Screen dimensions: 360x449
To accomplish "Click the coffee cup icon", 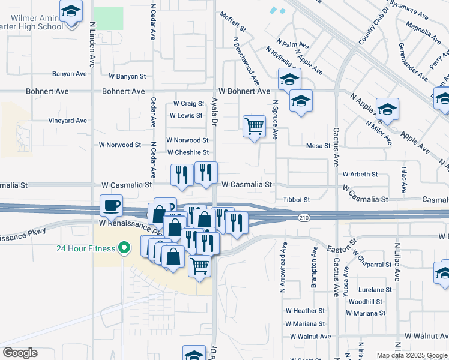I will tap(111, 206).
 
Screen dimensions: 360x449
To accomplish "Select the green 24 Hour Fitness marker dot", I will tap(125, 248).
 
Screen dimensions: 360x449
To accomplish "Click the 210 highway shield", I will tap(303, 217).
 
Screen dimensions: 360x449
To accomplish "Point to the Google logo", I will tap(20, 353).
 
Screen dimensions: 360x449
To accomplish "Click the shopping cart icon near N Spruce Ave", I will tap(254, 126).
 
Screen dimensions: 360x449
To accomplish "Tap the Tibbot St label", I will tap(296, 199).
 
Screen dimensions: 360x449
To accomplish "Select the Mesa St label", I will tap(318, 146).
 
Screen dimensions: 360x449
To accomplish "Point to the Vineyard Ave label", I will tap(67, 121).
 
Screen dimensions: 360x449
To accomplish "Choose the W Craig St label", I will tap(189, 104).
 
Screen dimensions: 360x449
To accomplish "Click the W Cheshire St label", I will tap(188, 152).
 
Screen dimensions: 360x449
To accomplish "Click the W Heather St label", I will tap(305, 311).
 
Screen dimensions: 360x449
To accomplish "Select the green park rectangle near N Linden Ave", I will tap(109, 18).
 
